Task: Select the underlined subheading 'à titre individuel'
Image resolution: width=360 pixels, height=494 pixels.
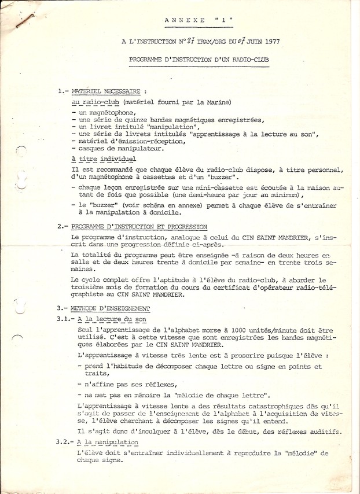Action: (x=104, y=158)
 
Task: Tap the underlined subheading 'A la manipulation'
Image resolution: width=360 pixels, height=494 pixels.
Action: (x=108, y=442)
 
